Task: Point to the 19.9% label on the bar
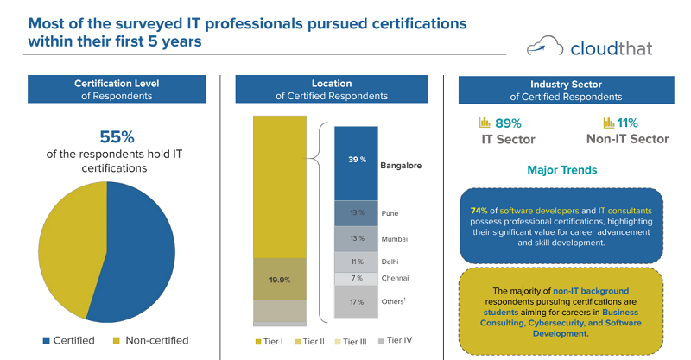[x=280, y=279]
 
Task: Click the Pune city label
[x=390, y=212]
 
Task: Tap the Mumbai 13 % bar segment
[x=356, y=237]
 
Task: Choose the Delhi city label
[x=390, y=262]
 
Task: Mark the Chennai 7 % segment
[x=356, y=278]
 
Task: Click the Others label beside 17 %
[x=394, y=301]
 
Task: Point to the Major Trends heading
[x=561, y=170]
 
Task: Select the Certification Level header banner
[x=117, y=90]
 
